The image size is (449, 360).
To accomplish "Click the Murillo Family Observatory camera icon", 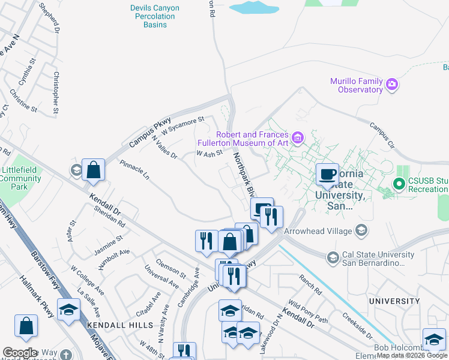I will tap(392, 83).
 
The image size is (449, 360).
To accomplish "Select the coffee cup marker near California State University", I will tap(327, 175).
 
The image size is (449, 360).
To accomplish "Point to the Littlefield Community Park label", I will tap(22, 178).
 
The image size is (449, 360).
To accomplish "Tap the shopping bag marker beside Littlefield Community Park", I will tap(94, 170).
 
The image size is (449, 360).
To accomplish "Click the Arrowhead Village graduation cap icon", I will tap(361, 230).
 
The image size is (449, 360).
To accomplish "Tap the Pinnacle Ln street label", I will tap(134, 172).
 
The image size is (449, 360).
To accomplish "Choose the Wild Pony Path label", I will tap(308, 310).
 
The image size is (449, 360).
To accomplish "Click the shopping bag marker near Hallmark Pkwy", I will tap(26, 326).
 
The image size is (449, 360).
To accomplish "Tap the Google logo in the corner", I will tap(20, 353).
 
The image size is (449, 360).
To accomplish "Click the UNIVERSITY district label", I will tap(394, 301).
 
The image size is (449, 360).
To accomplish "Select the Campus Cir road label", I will tap(382, 136).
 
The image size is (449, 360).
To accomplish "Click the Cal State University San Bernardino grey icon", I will tap(332, 258).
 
